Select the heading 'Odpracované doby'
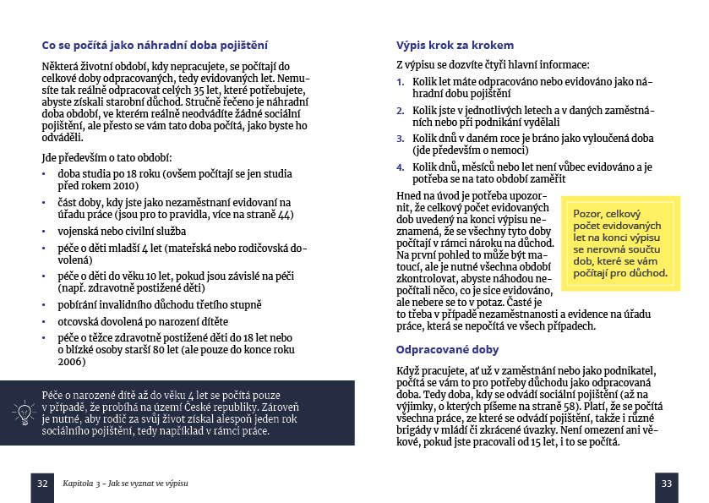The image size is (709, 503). coord(447,349)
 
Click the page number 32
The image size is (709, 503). coord(42,483)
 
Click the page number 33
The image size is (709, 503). coord(666,483)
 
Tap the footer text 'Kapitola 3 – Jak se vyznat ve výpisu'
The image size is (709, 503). coord(125,483)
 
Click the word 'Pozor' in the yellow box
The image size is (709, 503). coord(590,215)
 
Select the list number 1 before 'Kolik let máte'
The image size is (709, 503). coord(401,82)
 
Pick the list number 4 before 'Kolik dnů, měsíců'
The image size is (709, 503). coord(401,167)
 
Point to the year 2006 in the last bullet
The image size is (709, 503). coord(72,362)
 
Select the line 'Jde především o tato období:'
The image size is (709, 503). coord(106,156)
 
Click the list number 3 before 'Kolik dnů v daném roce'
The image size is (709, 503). coord(401,137)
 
